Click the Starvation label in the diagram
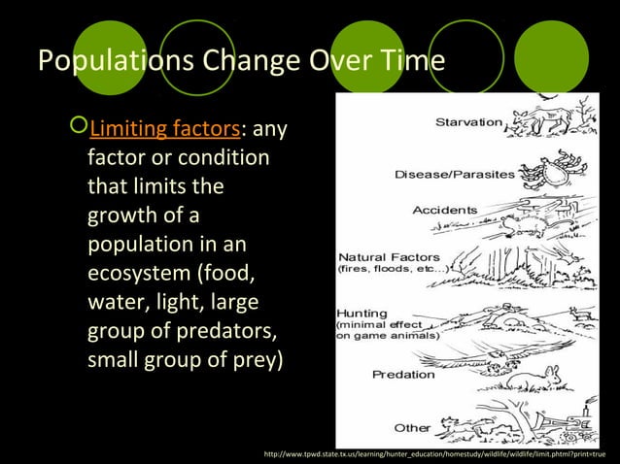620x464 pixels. coord(468,123)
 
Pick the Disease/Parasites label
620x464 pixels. coord(440,175)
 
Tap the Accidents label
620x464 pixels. coord(445,210)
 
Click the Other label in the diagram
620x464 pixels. coord(413,427)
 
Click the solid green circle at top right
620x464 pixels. coord(551,58)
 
